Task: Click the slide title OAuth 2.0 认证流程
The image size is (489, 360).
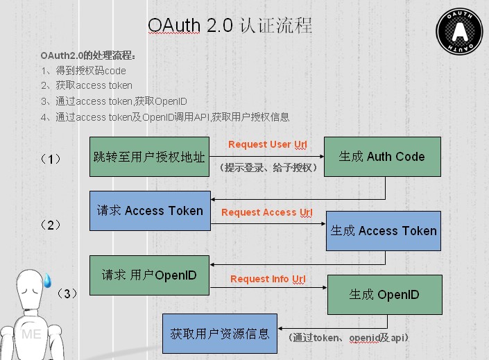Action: pyautogui.click(x=230, y=26)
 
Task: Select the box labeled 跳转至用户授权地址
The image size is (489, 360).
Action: pyautogui.click(x=149, y=157)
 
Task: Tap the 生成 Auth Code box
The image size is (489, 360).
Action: pyautogui.click(x=381, y=157)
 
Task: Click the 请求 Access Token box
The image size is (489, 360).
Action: pyautogui.click(x=150, y=211)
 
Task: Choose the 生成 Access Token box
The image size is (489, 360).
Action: pyautogui.click(x=384, y=231)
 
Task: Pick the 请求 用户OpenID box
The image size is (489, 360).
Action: pyautogui.click(x=149, y=275)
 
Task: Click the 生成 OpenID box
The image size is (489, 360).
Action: pyautogui.click(x=384, y=295)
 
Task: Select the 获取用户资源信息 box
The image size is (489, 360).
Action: pyautogui.click(x=220, y=334)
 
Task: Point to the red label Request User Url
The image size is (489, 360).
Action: pyautogui.click(x=268, y=144)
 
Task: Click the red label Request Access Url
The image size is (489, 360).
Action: pyautogui.click(x=267, y=212)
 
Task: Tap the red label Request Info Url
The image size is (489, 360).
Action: pyautogui.click(x=268, y=279)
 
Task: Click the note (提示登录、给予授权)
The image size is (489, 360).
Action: pyautogui.click(x=269, y=168)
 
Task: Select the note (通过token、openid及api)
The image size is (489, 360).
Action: pyautogui.click(x=349, y=337)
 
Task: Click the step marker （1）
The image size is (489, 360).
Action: pyautogui.click(x=51, y=159)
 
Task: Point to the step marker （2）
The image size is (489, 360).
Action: pyautogui.click(x=51, y=225)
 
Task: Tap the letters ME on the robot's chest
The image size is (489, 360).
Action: pyautogui.click(x=31, y=334)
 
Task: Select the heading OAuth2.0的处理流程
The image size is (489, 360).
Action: pyautogui.click(x=88, y=55)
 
